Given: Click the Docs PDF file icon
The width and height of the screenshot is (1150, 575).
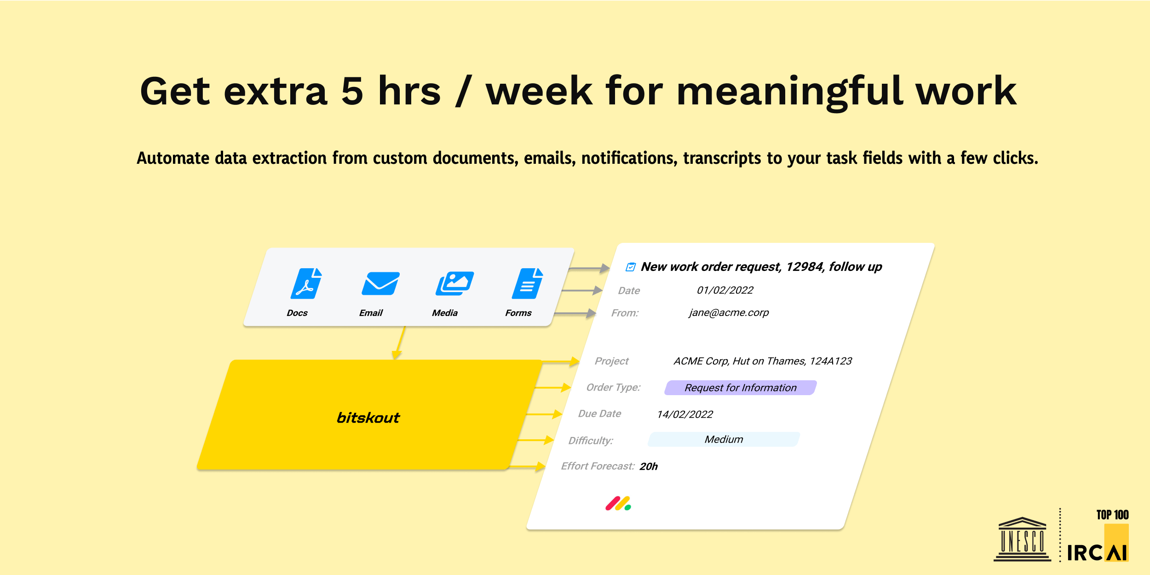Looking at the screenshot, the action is tap(306, 283).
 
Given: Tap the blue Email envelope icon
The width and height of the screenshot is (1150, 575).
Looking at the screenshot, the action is tap(380, 283).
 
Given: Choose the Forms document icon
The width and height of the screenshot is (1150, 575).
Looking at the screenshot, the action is tap(528, 283).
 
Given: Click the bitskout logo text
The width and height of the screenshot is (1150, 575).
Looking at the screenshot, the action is tap(368, 418).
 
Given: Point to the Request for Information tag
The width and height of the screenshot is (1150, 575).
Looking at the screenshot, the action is tap(741, 388).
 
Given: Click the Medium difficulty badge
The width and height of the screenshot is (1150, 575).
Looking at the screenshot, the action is tap(724, 439).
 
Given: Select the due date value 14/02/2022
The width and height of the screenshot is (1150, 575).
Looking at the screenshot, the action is tap(685, 414).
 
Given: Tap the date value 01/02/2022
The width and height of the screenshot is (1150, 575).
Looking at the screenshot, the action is tap(725, 290).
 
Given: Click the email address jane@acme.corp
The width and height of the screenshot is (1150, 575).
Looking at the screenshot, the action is tap(729, 313).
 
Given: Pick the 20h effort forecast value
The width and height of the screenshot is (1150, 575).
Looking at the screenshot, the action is tap(649, 466).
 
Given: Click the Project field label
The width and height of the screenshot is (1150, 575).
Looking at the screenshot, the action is tap(611, 361).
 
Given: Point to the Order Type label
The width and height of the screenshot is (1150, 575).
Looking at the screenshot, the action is tap(613, 387).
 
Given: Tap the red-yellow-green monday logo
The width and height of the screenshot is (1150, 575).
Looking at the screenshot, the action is tap(618, 504).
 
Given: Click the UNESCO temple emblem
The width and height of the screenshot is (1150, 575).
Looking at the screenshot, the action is tap(1022, 539).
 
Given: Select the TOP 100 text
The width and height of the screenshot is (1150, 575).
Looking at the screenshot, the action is tap(1112, 515).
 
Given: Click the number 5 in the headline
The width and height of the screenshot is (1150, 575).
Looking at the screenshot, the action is tap(352, 91).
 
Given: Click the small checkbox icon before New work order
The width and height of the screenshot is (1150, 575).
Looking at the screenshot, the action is tap(631, 267).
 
